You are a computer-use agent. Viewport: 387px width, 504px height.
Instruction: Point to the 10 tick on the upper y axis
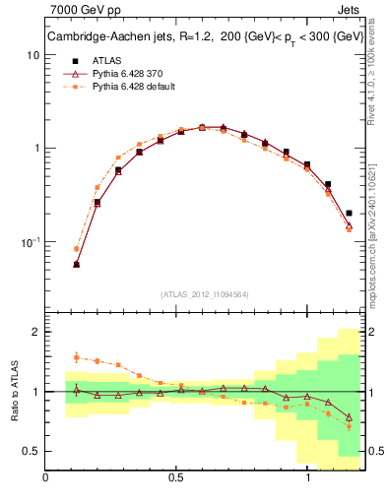(32, 56)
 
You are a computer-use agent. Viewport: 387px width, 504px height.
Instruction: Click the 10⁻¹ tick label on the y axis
(30, 241)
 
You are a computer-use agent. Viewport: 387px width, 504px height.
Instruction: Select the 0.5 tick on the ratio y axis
(30, 451)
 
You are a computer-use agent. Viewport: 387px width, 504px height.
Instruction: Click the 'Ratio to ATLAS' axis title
(14, 391)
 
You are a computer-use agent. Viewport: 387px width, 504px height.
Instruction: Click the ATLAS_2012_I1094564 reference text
(204, 294)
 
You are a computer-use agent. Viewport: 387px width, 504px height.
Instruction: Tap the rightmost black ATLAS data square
(350, 213)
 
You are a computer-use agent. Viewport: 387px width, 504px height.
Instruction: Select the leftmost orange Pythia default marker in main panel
(76, 249)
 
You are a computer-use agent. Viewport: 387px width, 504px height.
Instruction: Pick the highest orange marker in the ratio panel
(76, 357)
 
